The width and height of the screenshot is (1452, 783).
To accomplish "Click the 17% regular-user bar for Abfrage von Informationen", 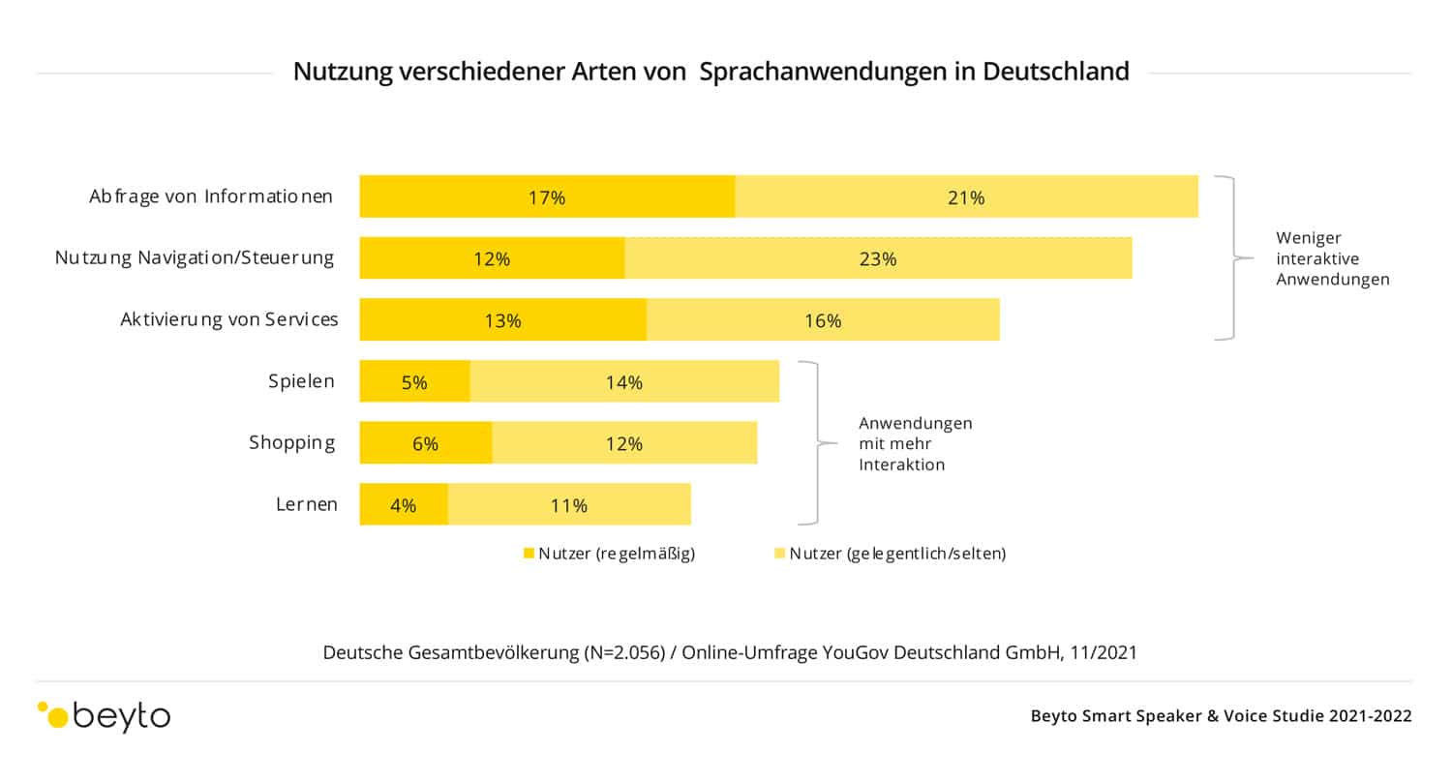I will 547,196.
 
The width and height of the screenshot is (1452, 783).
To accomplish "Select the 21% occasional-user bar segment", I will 966,196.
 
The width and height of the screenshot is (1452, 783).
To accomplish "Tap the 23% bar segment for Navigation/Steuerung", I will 878,258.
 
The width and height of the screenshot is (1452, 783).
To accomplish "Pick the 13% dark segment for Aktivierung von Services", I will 502,320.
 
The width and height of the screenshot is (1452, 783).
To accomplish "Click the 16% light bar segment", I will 823,320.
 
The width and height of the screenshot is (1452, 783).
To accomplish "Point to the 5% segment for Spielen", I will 414,381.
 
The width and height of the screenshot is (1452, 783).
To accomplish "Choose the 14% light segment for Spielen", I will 624,381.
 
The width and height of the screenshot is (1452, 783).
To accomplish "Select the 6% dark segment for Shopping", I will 425,443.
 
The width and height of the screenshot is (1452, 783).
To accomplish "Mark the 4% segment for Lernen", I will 404,504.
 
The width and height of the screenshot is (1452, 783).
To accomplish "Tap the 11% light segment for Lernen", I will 569,504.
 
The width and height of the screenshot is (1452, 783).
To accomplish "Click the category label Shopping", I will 292,442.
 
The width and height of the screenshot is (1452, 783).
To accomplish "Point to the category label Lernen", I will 306,503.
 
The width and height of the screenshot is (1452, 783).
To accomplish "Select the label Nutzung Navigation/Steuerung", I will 195,257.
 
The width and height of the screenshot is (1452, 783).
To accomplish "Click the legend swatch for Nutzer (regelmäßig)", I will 529,554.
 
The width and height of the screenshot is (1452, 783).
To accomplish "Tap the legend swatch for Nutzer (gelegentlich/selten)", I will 779,554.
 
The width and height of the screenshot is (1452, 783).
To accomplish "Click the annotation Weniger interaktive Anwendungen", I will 1332,258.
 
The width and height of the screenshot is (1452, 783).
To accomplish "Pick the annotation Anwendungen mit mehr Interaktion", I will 915,443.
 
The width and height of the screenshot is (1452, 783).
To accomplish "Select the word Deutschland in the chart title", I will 1056,72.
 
